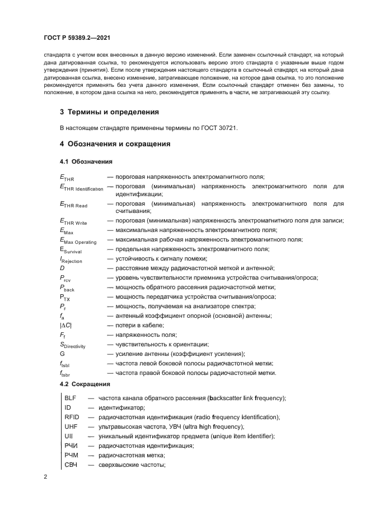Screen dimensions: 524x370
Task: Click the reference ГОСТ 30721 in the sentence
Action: [x=222, y=128]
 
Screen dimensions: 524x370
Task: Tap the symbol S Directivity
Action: [x=73, y=344]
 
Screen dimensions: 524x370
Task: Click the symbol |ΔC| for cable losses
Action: [x=66, y=325]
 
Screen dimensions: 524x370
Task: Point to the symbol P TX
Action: [x=65, y=297]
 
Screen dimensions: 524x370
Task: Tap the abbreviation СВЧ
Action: [x=72, y=465]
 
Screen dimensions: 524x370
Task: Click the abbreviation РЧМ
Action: [x=72, y=455]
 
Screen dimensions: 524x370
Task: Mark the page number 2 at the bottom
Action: [x=46, y=477]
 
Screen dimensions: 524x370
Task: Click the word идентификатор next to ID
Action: [x=122, y=407]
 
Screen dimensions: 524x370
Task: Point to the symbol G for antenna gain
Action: [x=63, y=354]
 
